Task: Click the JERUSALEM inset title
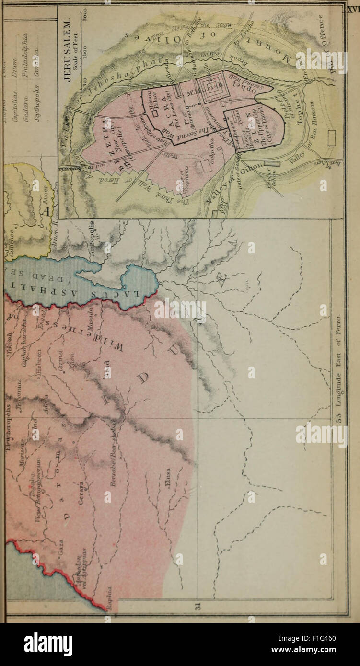(x=68, y=51)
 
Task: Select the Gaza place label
(x=61, y=547)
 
